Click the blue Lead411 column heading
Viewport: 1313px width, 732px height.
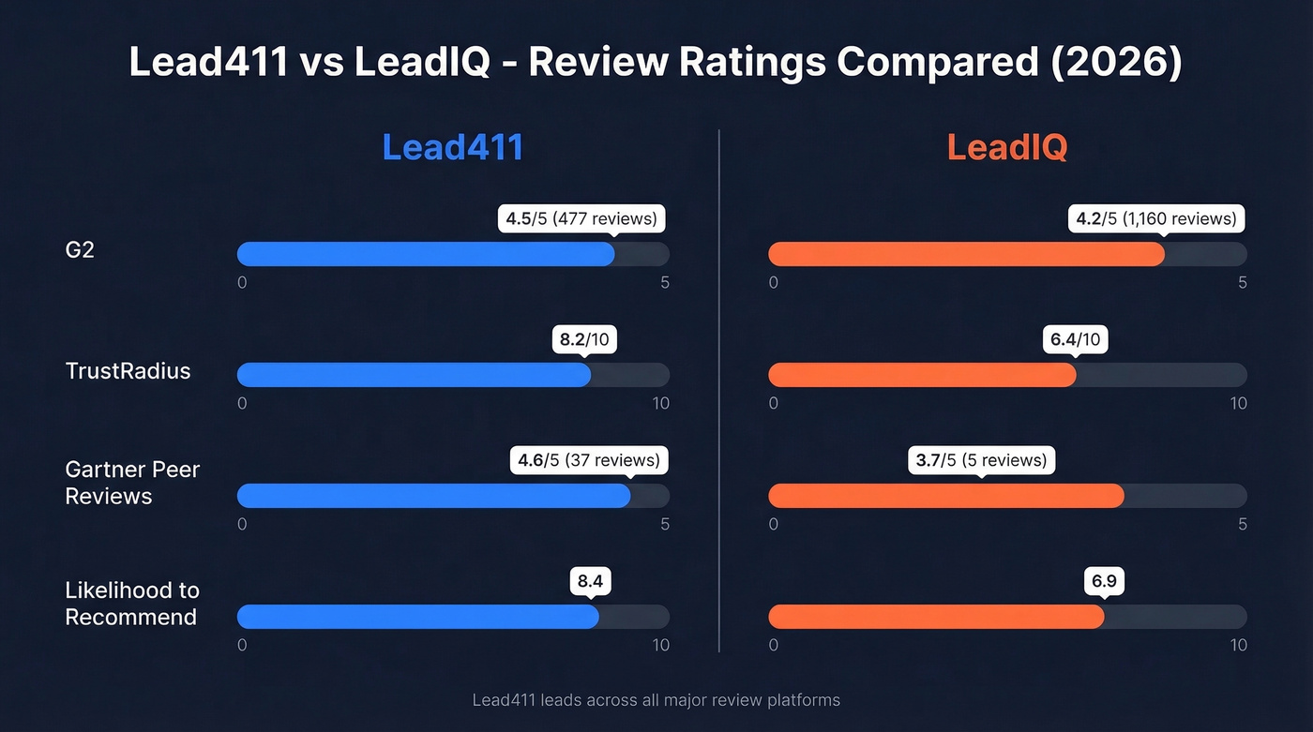452,148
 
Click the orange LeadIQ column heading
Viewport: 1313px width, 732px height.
1006,148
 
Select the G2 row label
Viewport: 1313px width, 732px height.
80,250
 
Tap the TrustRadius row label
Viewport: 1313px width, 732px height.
128,371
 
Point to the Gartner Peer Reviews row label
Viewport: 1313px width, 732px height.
132,483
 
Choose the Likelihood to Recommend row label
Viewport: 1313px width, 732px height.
132,604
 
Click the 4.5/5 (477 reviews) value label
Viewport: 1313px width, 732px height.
581,219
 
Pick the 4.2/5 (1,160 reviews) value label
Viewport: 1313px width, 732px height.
1155,219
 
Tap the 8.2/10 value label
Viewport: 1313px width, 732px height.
584,340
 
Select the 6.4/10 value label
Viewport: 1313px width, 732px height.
1076,340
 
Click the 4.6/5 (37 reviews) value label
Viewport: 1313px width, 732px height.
589,461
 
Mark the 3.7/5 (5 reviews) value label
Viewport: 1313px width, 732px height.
981,461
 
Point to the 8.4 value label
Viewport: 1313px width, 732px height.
590,582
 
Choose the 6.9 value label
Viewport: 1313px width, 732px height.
1104,582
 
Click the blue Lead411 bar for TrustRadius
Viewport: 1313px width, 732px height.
414,375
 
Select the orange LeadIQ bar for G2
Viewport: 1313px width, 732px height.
966,254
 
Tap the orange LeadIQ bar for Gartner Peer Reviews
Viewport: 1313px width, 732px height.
945,496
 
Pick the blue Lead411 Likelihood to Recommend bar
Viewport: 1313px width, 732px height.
417,617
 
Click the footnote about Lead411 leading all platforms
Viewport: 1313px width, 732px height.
656,700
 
